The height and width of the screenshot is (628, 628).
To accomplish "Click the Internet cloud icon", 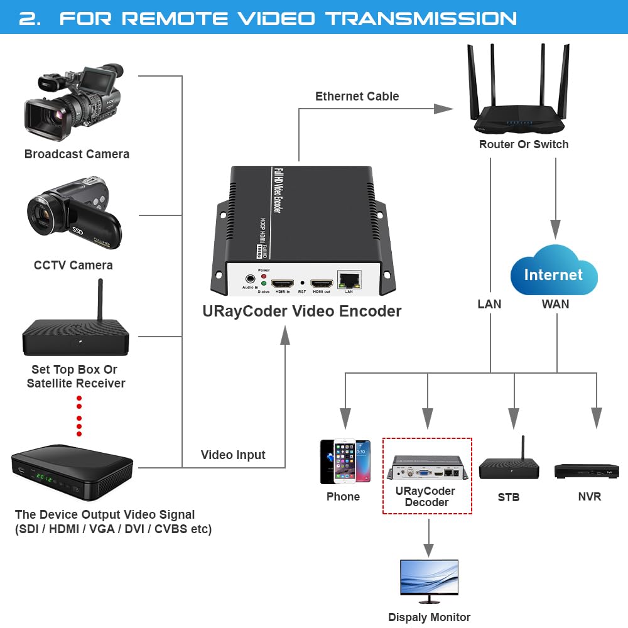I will [553, 271].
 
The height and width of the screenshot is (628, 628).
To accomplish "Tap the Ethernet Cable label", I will [357, 96].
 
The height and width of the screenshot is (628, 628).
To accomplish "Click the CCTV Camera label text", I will [73, 265].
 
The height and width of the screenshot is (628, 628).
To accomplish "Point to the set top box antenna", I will [99, 300].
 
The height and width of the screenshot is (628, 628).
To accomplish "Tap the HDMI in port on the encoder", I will [283, 283].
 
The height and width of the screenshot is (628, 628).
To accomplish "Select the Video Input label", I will [233, 455].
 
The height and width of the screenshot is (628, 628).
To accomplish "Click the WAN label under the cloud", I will [555, 304].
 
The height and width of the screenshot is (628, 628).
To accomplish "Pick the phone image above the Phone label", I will [345, 462].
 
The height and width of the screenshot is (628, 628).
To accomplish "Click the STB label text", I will [508, 497].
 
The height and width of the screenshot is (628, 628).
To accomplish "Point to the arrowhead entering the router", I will [444, 109].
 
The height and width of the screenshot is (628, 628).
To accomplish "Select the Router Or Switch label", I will [524, 144].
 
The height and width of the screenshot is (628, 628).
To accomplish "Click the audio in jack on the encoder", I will [250, 278].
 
